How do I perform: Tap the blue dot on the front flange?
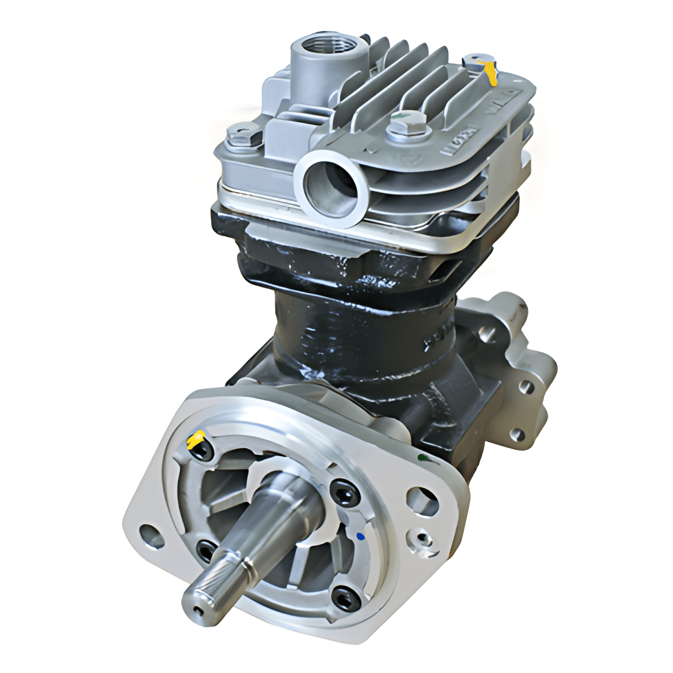(361, 537)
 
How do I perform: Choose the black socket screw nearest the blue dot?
(345, 492)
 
